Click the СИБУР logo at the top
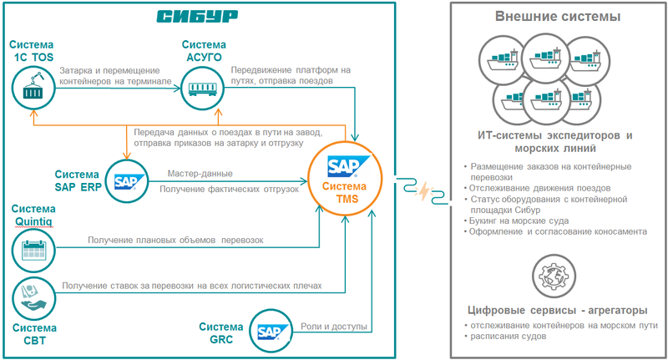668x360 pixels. (197, 17)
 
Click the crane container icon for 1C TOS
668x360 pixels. (33, 88)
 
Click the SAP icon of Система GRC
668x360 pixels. (270, 333)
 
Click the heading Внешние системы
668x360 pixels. (557, 17)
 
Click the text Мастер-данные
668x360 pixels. (200, 174)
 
